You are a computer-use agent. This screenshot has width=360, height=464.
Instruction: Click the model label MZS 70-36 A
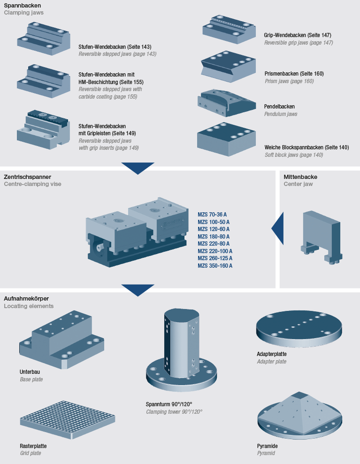(212, 214)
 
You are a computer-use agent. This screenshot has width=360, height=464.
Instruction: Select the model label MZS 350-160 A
(215, 266)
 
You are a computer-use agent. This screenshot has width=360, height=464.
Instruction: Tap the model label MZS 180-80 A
(214, 236)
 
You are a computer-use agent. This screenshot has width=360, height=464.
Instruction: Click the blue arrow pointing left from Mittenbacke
(278, 229)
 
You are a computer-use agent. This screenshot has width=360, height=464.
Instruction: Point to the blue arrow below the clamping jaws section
(138, 168)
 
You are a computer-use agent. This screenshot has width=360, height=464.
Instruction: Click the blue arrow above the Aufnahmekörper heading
(138, 290)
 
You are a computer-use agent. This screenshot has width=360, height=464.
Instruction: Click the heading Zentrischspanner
(27, 177)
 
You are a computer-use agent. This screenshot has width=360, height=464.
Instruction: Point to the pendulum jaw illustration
(226, 102)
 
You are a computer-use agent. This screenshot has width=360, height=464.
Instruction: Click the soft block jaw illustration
(226, 138)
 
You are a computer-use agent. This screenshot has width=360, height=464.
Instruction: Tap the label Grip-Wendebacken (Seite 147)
(298, 35)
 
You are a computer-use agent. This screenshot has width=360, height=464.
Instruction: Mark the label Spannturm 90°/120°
(169, 404)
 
